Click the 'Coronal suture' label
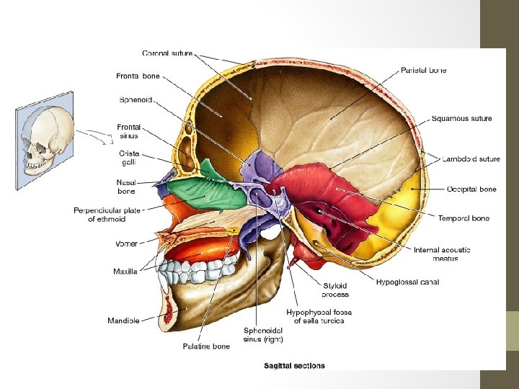[x=167, y=53]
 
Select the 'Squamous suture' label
[x=462, y=118]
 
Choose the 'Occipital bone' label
[x=471, y=189]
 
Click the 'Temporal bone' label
[x=463, y=218]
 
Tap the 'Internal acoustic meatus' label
[x=442, y=254]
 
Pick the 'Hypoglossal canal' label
[x=407, y=282]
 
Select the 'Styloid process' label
[x=336, y=290]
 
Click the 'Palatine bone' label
[x=206, y=346]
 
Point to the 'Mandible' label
[x=123, y=320]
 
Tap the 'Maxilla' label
[x=125, y=272]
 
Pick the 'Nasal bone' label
[x=126, y=187]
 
